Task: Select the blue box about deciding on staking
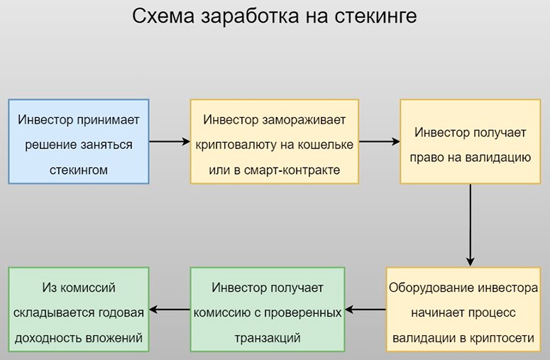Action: [x=79, y=141]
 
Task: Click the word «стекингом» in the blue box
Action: [x=79, y=170]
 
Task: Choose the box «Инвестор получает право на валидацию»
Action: [x=471, y=141]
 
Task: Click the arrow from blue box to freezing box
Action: [x=170, y=141]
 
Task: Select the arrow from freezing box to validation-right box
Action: [x=380, y=141]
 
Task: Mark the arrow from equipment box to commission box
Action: [x=365, y=309]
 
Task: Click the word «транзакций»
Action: [x=268, y=338]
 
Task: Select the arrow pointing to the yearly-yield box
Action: [x=169, y=309]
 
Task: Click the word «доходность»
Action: [x=48, y=338]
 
